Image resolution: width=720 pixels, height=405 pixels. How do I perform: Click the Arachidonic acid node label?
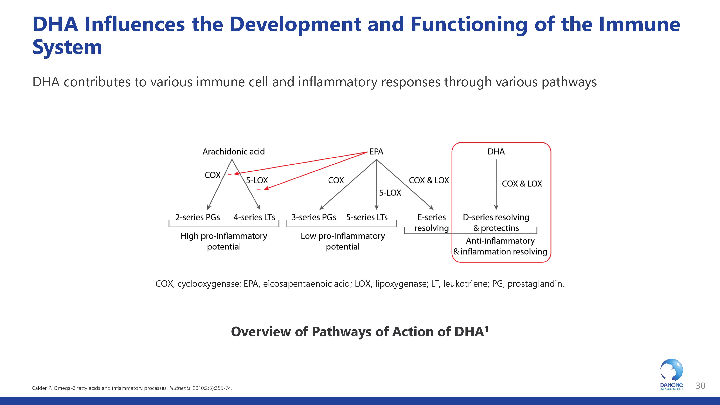233,152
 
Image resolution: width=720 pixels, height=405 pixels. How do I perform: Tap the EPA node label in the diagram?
376,152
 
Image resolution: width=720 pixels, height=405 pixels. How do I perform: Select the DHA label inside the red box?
496,152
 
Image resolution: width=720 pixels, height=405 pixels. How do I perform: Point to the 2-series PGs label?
197,217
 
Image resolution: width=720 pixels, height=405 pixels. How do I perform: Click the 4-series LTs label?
254,217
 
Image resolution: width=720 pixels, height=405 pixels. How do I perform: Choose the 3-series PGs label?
314,217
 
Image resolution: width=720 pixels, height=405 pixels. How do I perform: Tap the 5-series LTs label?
367,217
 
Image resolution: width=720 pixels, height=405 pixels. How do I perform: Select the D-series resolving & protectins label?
496,222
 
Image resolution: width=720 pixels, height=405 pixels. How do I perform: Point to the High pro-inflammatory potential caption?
224,241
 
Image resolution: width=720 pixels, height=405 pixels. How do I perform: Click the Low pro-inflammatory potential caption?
343,241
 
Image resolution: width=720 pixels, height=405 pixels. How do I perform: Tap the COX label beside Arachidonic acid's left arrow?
212,175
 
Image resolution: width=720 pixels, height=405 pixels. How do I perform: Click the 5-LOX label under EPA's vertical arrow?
390,193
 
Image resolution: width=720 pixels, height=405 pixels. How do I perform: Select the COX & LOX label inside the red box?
522,184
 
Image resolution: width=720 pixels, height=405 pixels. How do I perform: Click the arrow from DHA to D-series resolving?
496,184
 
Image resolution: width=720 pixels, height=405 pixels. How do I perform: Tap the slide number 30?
700,386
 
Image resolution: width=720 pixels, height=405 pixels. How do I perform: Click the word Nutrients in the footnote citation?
180,388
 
